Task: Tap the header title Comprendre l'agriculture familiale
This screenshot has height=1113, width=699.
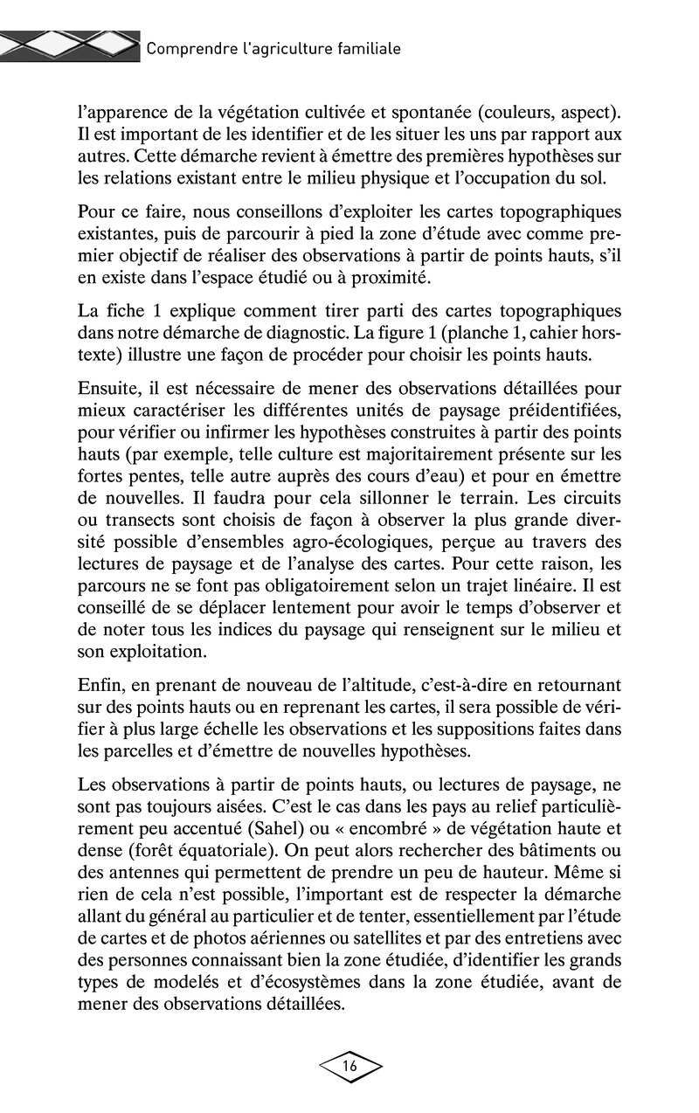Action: (x=273, y=49)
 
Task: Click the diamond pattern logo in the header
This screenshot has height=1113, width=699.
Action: (x=70, y=46)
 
